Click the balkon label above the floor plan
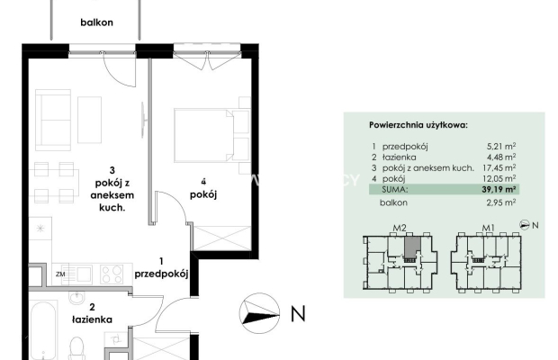96,22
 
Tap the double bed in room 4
211,136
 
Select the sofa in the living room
53,120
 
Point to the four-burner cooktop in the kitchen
112,274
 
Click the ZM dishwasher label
60,274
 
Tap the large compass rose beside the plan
259,313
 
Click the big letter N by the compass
298,314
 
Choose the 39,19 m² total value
499,189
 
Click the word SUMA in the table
394,189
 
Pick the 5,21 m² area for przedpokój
501,146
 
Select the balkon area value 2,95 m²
501,202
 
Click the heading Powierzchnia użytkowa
418,125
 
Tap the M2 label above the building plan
400,228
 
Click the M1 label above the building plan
488,228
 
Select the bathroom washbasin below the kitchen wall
76,297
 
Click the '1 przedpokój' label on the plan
161,268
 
